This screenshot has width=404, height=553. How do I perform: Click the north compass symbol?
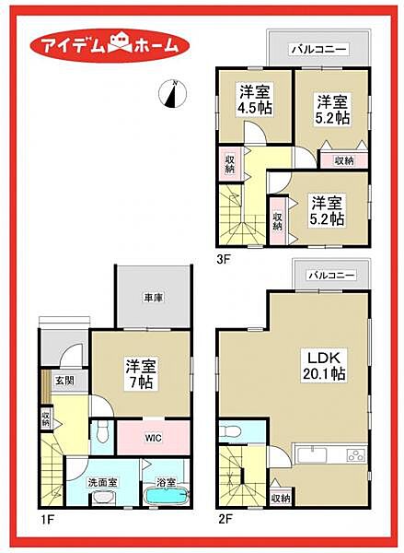tap(173, 94)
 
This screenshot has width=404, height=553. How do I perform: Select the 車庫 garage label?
tap(153, 298)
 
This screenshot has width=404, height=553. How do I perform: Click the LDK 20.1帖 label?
tap(324, 365)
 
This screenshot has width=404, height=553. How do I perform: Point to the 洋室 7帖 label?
tap(141, 373)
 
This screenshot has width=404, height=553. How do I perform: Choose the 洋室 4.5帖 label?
tap(255, 100)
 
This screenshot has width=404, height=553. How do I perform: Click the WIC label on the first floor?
tap(153, 438)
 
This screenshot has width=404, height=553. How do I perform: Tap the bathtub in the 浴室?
tap(167, 497)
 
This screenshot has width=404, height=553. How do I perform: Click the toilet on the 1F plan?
tap(102, 432)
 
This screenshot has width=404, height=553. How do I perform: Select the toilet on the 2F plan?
tap(230, 431)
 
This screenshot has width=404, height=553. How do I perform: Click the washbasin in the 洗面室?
tap(103, 498)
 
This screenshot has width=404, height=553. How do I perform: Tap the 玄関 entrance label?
tap(65, 380)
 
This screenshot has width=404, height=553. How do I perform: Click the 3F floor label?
tap(224, 260)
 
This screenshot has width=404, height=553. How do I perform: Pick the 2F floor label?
tap(225, 519)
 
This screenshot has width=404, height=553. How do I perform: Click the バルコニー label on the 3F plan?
tap(318, 50)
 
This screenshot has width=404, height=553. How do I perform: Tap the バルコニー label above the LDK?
tap(332, 275)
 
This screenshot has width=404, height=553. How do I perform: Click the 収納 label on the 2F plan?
tap(281, 498)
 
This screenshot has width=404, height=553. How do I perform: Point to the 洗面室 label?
tap(102, 482)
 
